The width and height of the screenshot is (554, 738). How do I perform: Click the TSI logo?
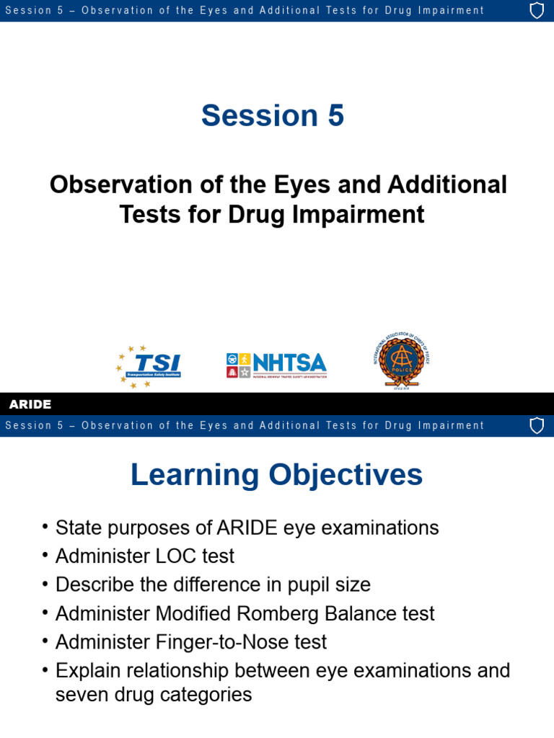[149, 366]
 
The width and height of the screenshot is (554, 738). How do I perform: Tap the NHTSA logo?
[276, 365]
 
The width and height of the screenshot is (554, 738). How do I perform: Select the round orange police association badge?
[401, 361]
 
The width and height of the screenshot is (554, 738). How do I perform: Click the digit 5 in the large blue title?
[335, 115]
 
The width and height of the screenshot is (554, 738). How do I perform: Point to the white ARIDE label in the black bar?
[30, 404]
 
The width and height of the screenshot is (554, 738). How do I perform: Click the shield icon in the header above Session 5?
[537, 11]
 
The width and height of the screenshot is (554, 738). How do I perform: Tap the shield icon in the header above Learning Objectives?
[537, 425]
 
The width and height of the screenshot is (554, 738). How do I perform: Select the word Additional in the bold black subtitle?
[447, 184]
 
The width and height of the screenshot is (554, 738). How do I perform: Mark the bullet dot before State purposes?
[45, 528]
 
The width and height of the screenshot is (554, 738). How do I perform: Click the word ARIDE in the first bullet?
[247, 528]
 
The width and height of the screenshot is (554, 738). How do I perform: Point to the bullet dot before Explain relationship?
[45, 671]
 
